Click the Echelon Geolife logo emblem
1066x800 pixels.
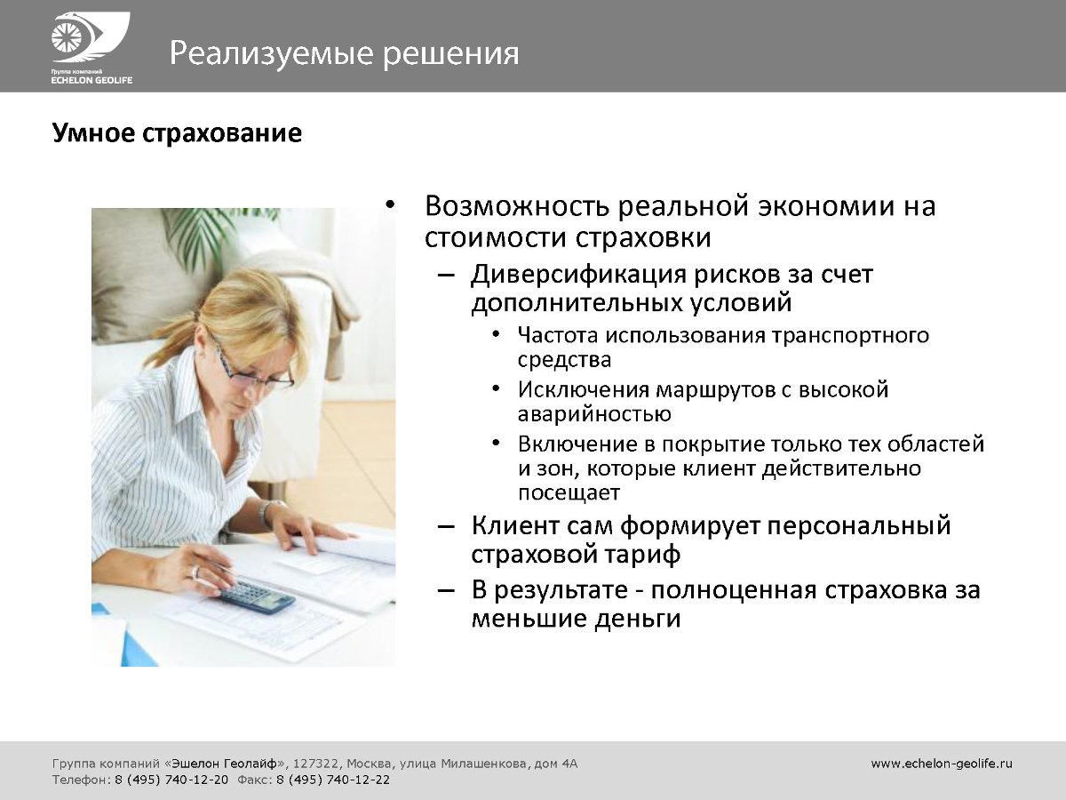91,38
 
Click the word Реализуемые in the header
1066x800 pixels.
272,53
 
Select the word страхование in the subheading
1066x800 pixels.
222,133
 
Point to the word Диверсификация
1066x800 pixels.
578,276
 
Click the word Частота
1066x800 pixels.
558,335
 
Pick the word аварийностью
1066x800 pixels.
594,414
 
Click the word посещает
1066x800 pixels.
569,493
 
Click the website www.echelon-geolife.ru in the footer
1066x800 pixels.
942,764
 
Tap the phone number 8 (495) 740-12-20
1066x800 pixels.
171,780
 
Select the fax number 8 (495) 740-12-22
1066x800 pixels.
333,780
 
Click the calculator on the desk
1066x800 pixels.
258,596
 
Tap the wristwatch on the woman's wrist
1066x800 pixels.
266,514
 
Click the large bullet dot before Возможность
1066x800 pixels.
390,206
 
